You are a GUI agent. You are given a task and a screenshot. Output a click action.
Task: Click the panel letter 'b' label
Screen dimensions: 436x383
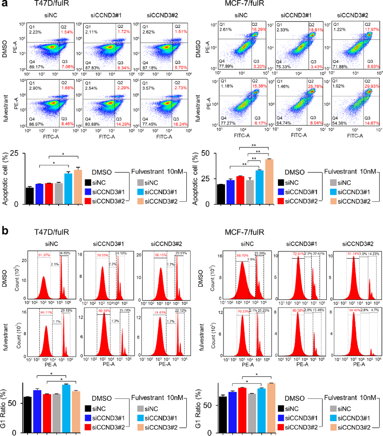pos(5,230)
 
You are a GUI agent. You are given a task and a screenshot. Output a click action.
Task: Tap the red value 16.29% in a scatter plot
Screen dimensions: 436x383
pos(259,29)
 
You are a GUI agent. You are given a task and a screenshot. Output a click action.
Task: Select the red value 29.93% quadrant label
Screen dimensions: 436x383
pos(372,86)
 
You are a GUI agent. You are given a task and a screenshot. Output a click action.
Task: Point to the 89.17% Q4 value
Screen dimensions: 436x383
pos(37,67)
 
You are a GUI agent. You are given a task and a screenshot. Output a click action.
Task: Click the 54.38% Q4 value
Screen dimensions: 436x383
pos(339,123)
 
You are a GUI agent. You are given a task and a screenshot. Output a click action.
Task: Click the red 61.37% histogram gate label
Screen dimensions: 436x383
pos(44,255)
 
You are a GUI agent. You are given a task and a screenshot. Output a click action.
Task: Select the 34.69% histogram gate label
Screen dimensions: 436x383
pos(64,253)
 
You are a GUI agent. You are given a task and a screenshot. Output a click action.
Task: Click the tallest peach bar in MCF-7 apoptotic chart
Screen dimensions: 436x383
pos(269,182)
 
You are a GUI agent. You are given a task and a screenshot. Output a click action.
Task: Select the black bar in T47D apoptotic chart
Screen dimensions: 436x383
pos(30,196)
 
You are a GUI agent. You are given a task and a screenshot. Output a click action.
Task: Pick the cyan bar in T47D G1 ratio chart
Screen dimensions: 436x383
pos(66,408)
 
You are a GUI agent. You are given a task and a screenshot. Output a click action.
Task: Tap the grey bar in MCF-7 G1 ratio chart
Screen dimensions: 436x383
pos(252,413)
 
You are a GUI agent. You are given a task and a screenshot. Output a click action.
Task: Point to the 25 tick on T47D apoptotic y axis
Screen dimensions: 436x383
pos(14,153)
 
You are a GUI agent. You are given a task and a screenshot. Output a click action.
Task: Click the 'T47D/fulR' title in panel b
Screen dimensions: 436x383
pos(52,232)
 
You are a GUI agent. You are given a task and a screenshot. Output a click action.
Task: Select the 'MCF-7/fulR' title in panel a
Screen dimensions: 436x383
pos(244,3)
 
